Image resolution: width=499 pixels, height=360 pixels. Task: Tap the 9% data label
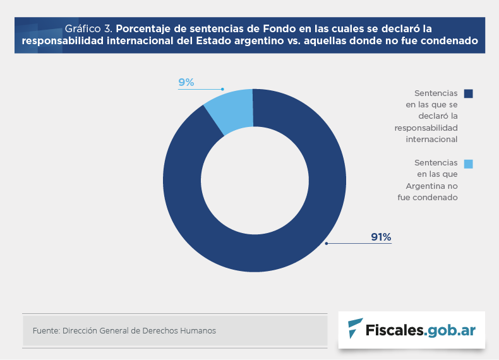(186, 83)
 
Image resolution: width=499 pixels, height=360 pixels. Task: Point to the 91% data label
(381, 237)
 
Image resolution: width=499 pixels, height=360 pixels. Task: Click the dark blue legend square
(468, 93)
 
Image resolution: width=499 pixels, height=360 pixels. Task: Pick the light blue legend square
(468, 164)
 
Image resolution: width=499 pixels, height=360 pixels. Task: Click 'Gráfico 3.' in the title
(88, 28)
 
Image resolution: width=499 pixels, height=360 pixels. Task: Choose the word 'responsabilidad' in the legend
(426, 128)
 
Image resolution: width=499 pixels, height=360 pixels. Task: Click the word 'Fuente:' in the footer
(45, 331)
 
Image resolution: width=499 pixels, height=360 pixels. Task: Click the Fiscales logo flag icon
(356, 328)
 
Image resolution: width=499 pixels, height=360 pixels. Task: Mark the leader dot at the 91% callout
(327, 243)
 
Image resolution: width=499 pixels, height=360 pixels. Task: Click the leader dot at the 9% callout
(222, 89)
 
